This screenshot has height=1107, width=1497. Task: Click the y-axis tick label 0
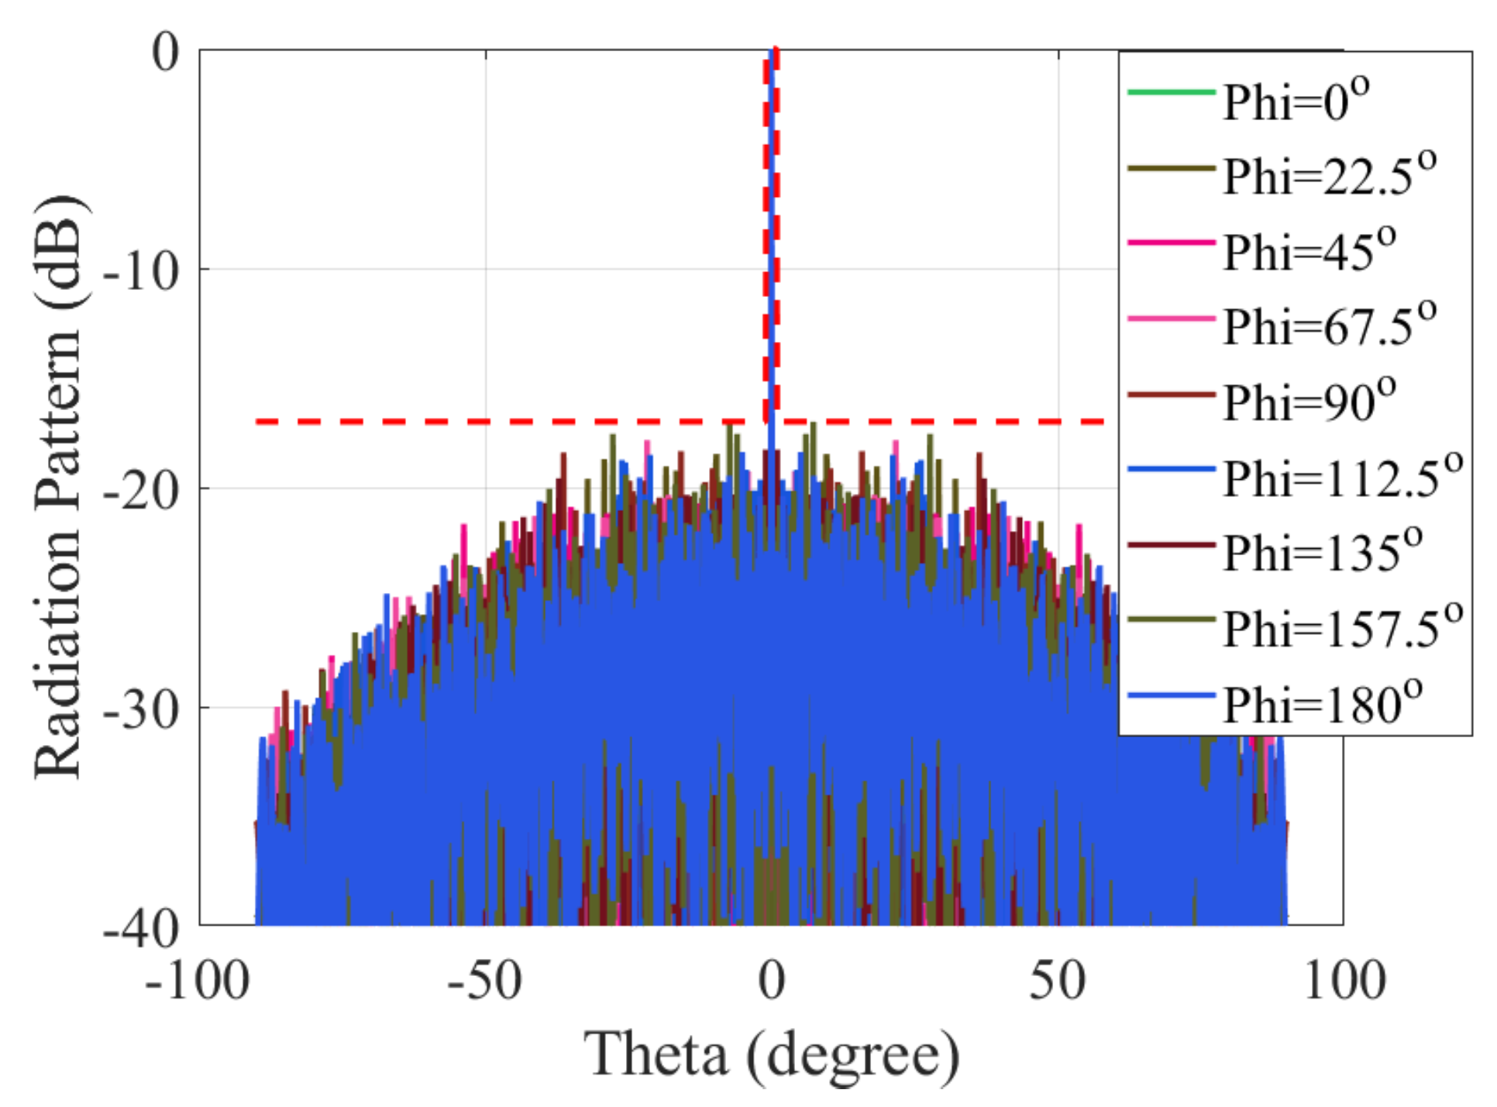[x=165, y=53]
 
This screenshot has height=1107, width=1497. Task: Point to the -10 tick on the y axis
[x=142, y=271]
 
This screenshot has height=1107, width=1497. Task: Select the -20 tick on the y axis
[x=142, y=490]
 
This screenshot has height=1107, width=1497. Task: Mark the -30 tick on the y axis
[x=142, y=709]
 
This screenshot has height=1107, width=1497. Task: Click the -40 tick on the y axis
[x=142, y=927]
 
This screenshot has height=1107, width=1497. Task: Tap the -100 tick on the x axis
[x=198, y=981]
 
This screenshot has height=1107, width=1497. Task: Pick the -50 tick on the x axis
[x=484, y=981]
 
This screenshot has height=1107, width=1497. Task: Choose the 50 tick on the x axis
[x=1058, y=981]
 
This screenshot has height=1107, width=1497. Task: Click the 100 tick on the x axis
[x=1344, y=981]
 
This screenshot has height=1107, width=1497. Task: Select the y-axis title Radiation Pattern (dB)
[x=58, y=487]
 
